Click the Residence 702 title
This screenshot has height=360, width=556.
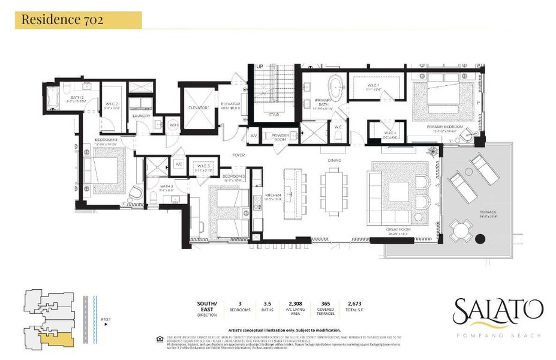coord(62,20)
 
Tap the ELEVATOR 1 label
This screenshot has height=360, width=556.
coord(199,107)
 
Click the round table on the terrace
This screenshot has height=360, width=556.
coord(459,230)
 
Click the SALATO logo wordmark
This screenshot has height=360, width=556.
coord(498,311)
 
